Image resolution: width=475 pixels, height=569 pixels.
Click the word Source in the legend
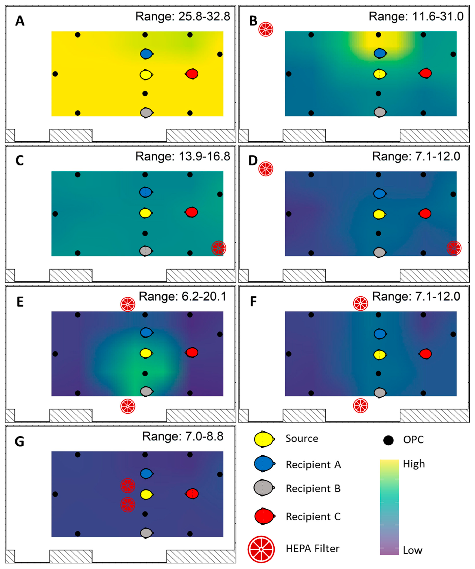pyautogui.click(x=302, y=438)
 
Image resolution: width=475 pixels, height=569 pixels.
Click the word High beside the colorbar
pyautogui.click(x=414, y=464)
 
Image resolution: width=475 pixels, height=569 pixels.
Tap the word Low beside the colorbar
pyautogui.click(x=412, y=550)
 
